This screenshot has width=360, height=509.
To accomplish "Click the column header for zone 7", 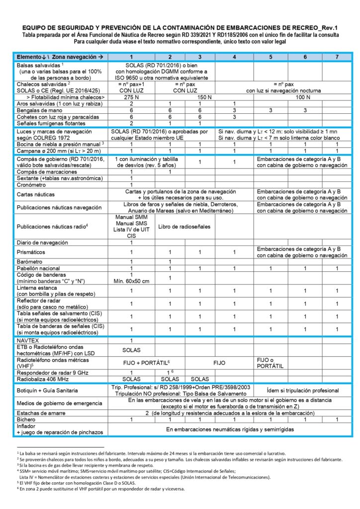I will tap(337, 57).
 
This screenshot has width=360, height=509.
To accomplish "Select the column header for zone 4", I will tap(234, 57).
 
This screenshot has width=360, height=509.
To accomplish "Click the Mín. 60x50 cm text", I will tap(131, 281).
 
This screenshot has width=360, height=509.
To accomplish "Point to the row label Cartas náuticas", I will tap(38, 194).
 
